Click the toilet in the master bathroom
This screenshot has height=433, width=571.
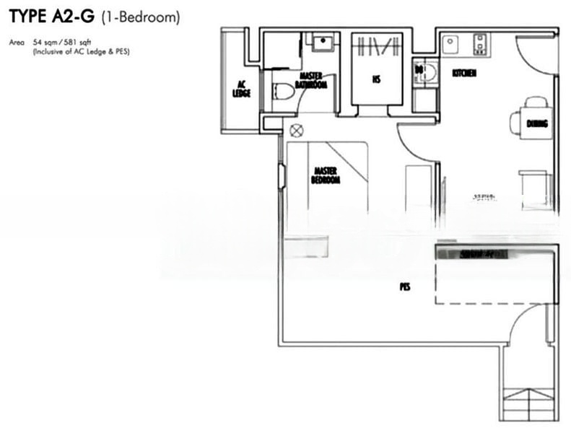284,92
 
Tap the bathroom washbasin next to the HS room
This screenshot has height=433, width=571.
322,42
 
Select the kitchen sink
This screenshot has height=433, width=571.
451,43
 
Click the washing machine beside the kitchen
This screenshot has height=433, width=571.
426,72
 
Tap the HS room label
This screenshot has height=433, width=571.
376,80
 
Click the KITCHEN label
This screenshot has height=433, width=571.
463,74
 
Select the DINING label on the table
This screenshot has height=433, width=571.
536,124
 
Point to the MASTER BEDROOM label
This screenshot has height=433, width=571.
325,175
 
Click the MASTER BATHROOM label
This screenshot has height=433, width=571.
311,79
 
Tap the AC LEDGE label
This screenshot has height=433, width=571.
241,89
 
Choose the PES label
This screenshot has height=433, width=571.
405,287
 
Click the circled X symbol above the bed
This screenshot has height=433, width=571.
295,131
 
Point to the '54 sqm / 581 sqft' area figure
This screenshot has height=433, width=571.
62,43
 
